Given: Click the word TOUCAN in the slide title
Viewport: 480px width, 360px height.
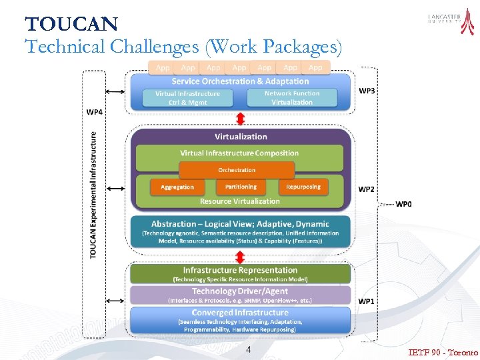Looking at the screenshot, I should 71,25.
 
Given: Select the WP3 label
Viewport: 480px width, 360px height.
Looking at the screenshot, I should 367,91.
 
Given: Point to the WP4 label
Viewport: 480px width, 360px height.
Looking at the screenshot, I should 95,111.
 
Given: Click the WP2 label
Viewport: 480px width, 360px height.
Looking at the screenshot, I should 367,189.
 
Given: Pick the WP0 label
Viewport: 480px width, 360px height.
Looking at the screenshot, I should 404,203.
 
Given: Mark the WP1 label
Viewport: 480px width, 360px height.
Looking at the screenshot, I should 367,301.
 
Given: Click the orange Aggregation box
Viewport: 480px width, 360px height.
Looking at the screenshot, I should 177,187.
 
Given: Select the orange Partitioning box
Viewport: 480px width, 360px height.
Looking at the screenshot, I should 240,187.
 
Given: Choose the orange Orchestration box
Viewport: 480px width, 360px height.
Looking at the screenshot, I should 237,170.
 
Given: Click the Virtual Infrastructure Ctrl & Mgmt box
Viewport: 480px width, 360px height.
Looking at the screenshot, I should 187,98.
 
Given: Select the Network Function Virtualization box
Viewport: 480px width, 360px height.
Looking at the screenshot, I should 292,97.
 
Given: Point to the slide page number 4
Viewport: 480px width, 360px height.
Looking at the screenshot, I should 248,350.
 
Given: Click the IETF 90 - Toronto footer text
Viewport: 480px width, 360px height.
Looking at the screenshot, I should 443,352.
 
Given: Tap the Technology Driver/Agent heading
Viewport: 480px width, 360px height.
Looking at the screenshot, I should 240,291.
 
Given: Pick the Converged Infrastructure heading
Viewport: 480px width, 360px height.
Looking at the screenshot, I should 240,313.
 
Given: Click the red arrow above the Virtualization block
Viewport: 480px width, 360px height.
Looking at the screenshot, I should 241,119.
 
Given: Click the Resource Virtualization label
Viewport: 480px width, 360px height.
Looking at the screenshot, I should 240,201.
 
